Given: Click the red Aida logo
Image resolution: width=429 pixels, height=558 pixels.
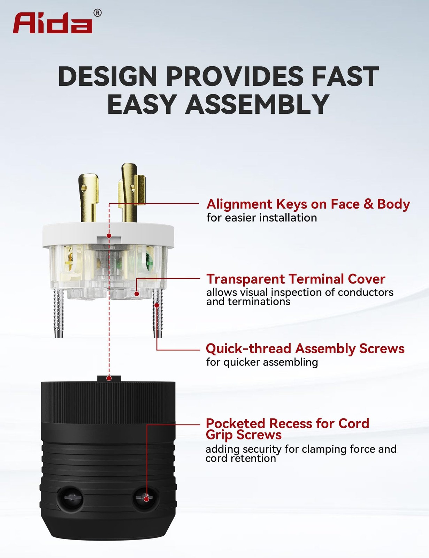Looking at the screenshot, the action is coord(52,23).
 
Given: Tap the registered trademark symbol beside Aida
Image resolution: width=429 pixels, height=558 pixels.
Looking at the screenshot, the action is coord(98,13).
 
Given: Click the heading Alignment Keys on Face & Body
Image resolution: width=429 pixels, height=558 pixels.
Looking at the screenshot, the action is coord(308,204).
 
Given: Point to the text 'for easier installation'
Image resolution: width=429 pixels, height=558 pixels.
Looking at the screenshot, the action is coord(262,218).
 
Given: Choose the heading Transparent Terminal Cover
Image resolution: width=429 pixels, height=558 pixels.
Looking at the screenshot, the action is coord(296,279).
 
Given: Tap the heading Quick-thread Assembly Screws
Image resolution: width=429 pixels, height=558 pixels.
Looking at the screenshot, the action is coord(305,348).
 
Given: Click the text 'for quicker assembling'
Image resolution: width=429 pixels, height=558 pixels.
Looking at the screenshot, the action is coord(262,362).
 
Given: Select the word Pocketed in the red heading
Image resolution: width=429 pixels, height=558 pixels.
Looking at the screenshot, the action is coord(236,423).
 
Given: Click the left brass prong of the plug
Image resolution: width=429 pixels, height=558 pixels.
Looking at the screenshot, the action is coord(88,197).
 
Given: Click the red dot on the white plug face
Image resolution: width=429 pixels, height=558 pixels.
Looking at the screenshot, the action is coord(109,236).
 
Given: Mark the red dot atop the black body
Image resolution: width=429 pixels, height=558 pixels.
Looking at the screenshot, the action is coord(109,378).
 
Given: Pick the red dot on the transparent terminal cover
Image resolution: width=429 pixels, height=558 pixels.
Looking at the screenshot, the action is coord(137,294).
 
